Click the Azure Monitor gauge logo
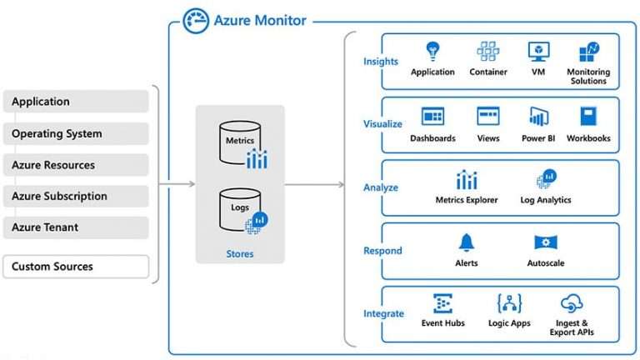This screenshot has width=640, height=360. (196, 20)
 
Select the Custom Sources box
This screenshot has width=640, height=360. (76, 267)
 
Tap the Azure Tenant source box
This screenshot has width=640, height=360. (76, 227)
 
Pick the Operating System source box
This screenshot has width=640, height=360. (76, 133)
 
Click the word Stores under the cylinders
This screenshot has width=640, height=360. (240, 253)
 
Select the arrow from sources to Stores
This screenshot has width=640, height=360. (177, 184)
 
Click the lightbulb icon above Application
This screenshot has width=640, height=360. (432, 51)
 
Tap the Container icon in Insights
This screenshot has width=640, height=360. (488, 51)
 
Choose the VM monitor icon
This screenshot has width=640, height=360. (537, 51)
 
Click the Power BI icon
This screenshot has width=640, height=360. (537, 117)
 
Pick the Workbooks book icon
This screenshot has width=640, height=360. (588, 117)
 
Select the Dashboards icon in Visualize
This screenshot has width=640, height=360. (432, 117)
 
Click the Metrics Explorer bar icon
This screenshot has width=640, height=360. (466, 179)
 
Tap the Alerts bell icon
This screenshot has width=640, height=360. (466, 242)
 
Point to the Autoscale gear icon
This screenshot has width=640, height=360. (545, 242)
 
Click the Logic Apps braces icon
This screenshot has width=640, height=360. (508, 303)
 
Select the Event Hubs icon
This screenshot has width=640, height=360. (442, 303)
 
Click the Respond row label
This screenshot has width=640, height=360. (382, 251)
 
